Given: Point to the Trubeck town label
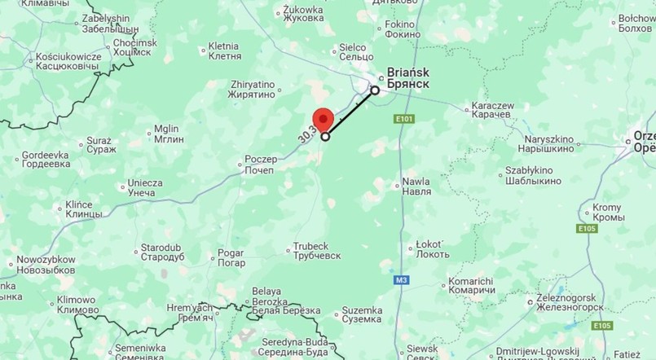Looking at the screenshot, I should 311,252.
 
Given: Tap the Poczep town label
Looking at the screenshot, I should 264,165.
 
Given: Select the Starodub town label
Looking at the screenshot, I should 162,252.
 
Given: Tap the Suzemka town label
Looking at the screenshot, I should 361,314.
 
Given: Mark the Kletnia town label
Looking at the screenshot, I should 225,51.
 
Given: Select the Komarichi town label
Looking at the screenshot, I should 471,286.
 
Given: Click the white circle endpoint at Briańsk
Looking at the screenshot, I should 375,90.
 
